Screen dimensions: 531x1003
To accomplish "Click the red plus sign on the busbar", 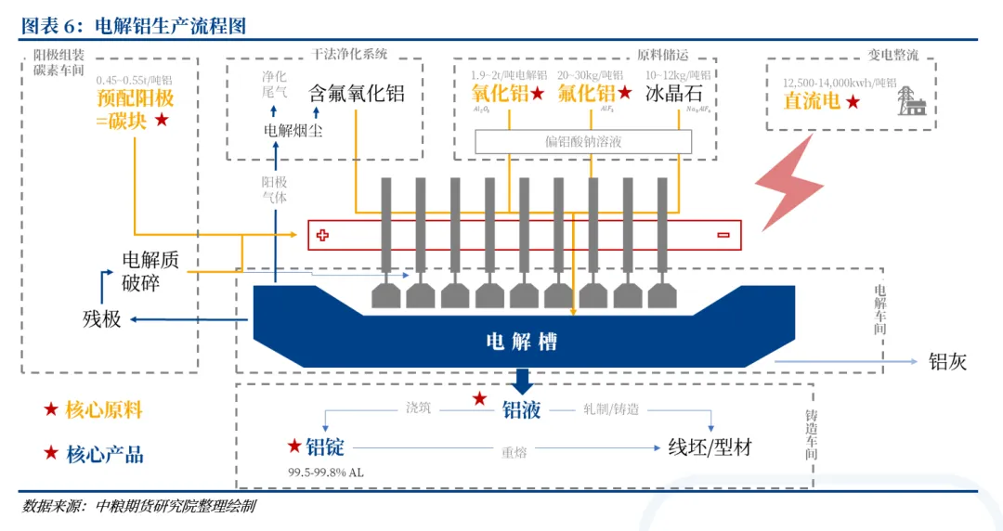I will click(x=322, y=235).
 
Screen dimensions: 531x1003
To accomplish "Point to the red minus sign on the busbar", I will click(x=722, y=235).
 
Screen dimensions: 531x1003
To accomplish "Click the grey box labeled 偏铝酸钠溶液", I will click(x=583, y=141).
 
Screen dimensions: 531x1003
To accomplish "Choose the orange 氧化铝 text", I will click(x=500, y=93).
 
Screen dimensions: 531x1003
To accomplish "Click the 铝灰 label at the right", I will click(x=948, y=362).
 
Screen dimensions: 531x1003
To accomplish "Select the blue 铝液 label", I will click(x=522, y=409).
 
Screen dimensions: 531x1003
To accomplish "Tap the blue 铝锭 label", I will click(x=325, y=447).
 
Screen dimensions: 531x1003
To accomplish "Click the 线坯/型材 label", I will click(x=710, y=447).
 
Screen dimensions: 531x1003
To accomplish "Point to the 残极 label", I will click(x=102, y=319).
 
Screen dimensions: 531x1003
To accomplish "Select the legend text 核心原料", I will click(x=104, y=409).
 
